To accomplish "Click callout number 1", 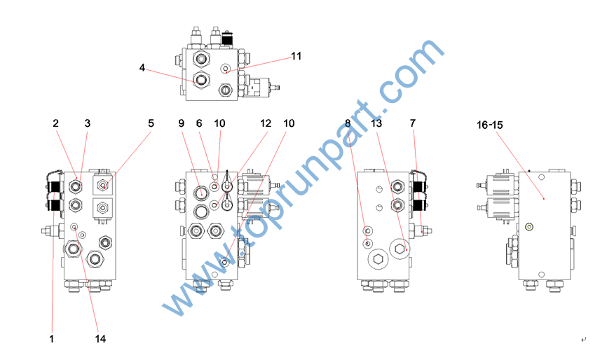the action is click(x=51, y=339).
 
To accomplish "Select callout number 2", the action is click(x=56, y=123).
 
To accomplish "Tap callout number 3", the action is click(x=88, y=123).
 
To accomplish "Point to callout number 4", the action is click(x=142, y=68).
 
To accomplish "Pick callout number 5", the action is click(x=151, y=123).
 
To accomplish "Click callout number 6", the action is click(x=199, y=123).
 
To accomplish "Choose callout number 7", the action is click(x=413, y=123).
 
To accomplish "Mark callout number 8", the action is click(x=348, y=123).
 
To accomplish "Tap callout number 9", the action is click(x=181, y=123).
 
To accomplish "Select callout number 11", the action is click(x=296, y=56).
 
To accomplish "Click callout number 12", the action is click(x=266, y=123).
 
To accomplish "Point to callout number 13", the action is click(x=376, y=123).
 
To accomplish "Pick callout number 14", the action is click(x=100, y=339).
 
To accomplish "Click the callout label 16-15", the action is click(x=489, y=125).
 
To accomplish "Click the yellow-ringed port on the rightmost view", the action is click(x=529, y=227).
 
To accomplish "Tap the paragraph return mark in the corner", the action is click(x=583, y=340).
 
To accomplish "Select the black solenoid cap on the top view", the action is click(x=227, y=39).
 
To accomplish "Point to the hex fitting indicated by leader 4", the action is click(x=201, y=80).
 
